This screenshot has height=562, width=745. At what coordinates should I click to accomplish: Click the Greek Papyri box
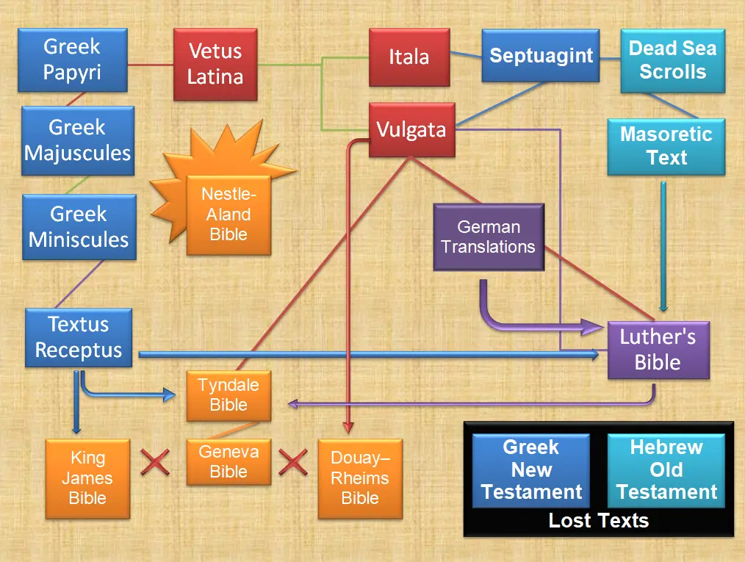pyautogui.click(x=72, y=60)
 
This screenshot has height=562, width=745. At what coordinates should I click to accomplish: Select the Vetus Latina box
pyautogui.click(x=215, y=63)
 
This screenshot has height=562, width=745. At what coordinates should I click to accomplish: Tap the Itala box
pyautogui.click(x=409, y=57)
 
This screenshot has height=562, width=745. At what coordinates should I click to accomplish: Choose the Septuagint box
pyautogui.click(x=541, y=56)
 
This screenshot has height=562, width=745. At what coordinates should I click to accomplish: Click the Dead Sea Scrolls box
pyautogui.click(x=672, y=60)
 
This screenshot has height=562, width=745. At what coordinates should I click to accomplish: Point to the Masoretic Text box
pyautogui.click(x=666, y=145)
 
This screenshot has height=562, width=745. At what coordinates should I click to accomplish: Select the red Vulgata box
pyautogui.click(x=411, y=130)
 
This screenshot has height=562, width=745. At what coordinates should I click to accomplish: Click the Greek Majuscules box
pyautogui.click(x=77, y=140)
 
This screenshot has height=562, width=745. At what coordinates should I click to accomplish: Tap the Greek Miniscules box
pyautogui.click(x=79, y=227)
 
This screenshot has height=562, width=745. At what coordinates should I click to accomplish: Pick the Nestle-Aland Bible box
pyautogui.click(x=228, y=215)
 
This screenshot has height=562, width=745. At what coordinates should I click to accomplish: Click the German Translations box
pyautogui.click(x=489, y=237)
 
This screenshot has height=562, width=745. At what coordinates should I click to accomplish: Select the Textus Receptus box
pyautogui.click(x=79, y=337)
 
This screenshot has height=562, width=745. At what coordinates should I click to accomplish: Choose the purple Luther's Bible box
pyautogui.click(x=658, y=350)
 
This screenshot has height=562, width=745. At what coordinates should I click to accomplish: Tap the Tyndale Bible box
pyautogui.click(x=228, y=395)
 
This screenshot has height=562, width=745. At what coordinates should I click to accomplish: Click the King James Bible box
pyautogui.click(x=87, y=478)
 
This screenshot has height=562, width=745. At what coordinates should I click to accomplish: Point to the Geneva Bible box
pyautogui.click(x=228, y=461)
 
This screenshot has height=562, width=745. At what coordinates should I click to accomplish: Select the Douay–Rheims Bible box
pyautogui.click(x=360, y=478)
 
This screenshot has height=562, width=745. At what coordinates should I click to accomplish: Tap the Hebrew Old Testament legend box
pyautogui.click(x=666, y=470)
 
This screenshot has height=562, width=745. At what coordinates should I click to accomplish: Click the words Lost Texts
pyautogui.click(x=599, y=521)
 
